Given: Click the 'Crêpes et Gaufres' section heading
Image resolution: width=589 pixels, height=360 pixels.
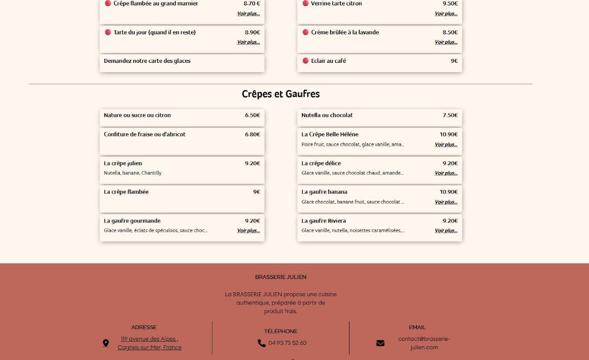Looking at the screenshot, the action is pyautogui.click(x=281, y=94).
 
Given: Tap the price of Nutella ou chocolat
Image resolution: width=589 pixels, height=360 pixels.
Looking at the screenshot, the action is pyautogui.click(x=450, y=115).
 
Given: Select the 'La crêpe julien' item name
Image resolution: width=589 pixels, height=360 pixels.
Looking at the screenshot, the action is pyautogui.click(x=123, y=164).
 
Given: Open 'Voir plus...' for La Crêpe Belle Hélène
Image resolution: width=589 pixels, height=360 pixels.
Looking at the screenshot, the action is pyautogui.click(x=446, y=145).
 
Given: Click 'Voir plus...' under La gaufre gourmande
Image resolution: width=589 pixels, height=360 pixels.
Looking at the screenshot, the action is pyautogui.click(x=248, y=231).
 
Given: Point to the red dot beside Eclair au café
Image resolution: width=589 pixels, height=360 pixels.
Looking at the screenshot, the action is pyautogui.click(x=305, y=61).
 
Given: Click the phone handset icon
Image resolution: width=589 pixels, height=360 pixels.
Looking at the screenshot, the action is pyautogui.click(x=262, y=343).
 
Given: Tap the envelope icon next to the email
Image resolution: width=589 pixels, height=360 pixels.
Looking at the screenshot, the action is pyautogui.click(x=380, y=343).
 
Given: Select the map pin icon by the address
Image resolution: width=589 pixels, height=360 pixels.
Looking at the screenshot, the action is pyautogui.click(x=106, y=343).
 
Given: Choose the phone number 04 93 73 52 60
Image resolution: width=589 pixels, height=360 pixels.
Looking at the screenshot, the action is pyautogui.click(x=287, y=343).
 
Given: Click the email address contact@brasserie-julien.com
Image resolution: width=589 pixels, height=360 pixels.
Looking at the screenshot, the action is pyautogui.click(x=424, y=343).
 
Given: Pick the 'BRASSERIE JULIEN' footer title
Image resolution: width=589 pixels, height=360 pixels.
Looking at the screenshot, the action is pyautogui.click(x=281, y=277).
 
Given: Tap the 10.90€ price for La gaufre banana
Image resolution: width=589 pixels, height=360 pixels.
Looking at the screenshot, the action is pyautogui.click(x=449, y=192).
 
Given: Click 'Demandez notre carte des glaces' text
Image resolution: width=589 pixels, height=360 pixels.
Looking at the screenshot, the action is pyautogui.click(x=147, y=61).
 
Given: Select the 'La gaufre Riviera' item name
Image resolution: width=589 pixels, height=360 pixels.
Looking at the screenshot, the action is pyautogui.click(x=323, y=221).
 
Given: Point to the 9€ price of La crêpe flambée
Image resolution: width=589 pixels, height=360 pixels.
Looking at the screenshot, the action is pyautogui.click(x=257, y=192).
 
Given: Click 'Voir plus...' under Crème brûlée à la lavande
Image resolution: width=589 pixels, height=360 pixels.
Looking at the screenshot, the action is pyautogui.click(x=446, y=42).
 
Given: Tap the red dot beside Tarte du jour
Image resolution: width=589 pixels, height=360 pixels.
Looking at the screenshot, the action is pyautogui.click(x=108, y=32).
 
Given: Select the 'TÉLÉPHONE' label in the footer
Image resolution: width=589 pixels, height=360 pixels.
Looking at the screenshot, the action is pyautogui.click(x=281, y=332).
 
